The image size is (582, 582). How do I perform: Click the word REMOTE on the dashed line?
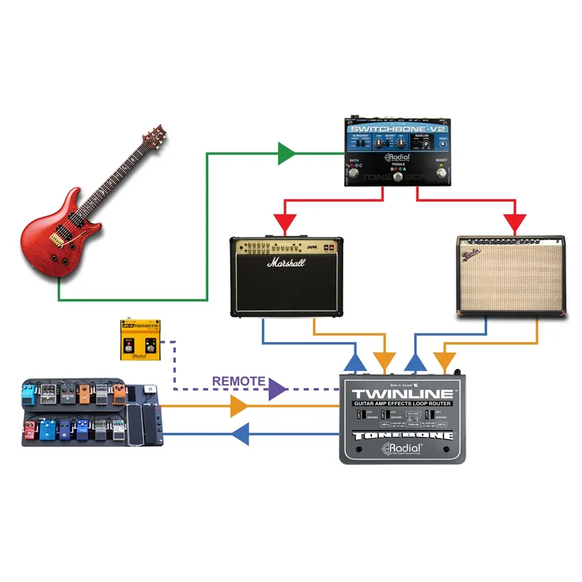(238, 381)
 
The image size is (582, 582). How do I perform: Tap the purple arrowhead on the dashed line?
(277, 389)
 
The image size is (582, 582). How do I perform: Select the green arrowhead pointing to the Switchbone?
(285, 154)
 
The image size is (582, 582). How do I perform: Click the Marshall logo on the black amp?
(286, 263)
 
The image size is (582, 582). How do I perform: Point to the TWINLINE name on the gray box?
(402, 393)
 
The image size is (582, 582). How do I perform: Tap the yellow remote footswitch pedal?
(140, 339)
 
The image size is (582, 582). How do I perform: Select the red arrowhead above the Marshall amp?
(285, 224)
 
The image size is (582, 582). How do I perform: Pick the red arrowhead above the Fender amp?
(515, 224)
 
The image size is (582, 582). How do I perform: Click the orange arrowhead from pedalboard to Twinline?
(239, 406)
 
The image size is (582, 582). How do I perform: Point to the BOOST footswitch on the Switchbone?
(442, 173)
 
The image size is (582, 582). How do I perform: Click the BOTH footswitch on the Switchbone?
(354, 173)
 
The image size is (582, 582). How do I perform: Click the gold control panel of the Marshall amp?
(285, 248)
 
